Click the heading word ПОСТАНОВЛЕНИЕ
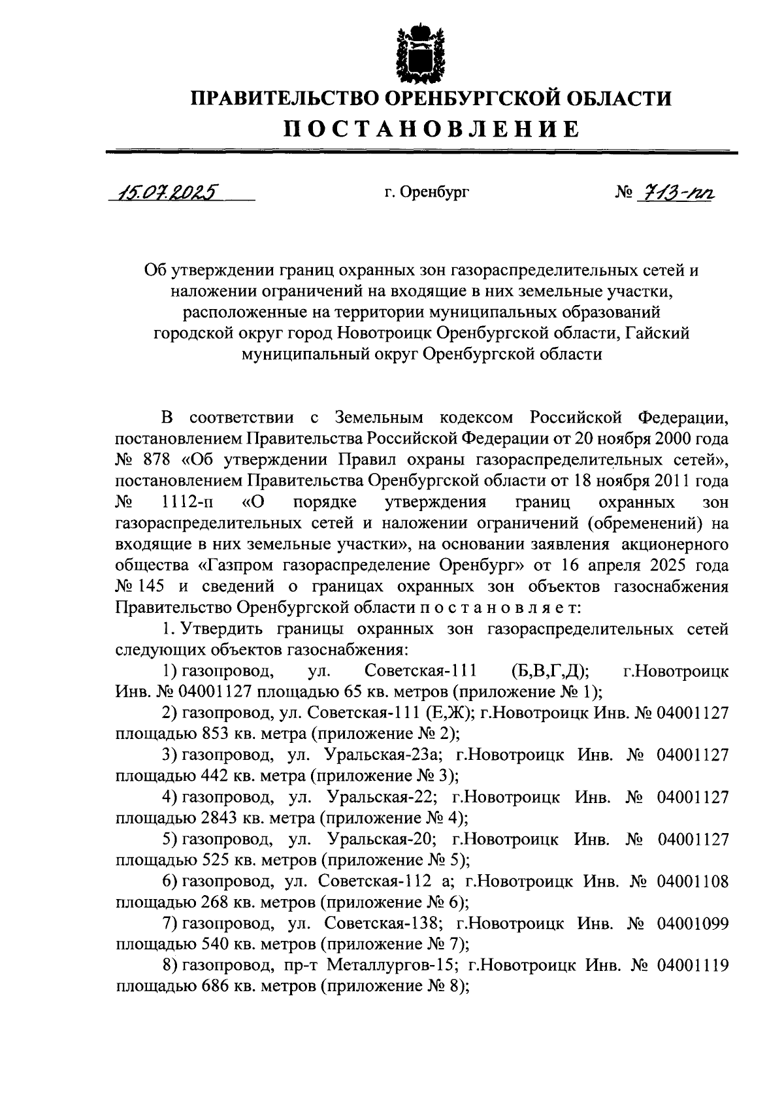click(431, 128)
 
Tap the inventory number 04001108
click(693, 881)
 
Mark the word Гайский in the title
click(657, 333)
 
